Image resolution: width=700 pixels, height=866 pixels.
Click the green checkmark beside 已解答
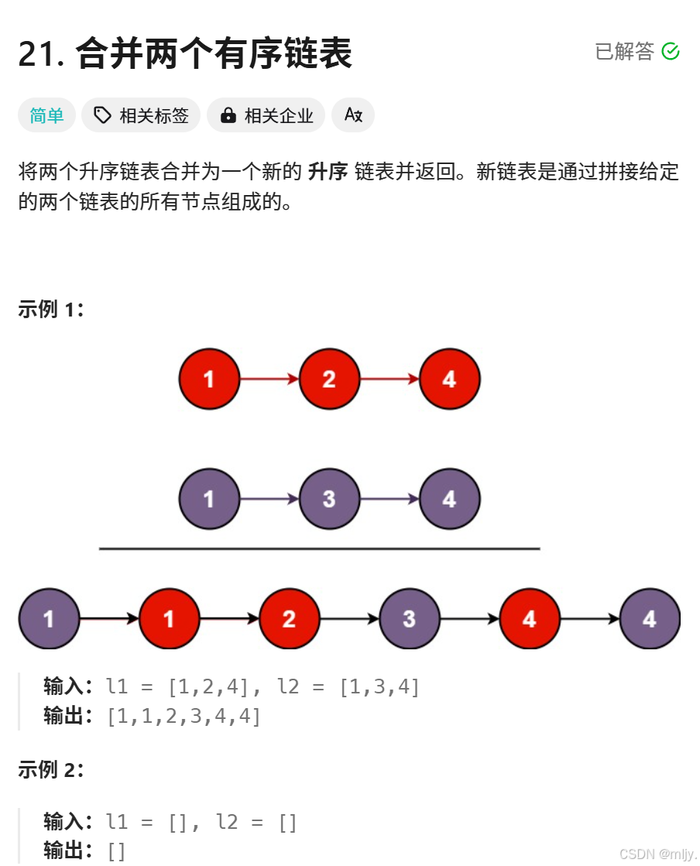pyautogui.click(x=671, y=52)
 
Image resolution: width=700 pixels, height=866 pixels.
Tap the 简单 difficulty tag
pyautogui.click(x=46, y=115)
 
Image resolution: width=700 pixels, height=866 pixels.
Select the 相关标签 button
pyautogui.click(x=141, y=115)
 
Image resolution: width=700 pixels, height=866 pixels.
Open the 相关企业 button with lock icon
pyautogui.click(x=266, y=115)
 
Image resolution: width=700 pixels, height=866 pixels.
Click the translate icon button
pyautogui.click(x=353, y=115)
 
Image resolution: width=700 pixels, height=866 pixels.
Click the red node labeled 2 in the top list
pyautogui.click(x=329, y=379)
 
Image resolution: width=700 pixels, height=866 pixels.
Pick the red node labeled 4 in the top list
pyautogui.click(x=449, y=379)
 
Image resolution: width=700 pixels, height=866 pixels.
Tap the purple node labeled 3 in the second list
pyautogui.click(x=329, y=499)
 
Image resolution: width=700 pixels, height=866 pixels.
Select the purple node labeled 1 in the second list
pyautogui.click(x=209, y=499)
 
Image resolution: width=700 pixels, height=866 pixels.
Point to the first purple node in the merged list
pyautogui.click(x=49, y=619)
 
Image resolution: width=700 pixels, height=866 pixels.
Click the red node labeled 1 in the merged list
pyautogui.click(x=169, y=619)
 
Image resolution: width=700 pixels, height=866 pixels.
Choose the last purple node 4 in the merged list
pyautogui.click(x=650, y=619)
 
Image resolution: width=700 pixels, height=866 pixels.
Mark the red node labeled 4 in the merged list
pyautogui.click(x=530, y=619)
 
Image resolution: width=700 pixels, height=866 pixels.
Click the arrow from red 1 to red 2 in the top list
pyautogui.click(x=269, y=379)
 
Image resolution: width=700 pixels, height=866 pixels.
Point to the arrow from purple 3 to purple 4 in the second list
pyautogui.click(x=389, y=499)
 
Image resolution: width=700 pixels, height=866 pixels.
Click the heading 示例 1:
pyautogui.click(x=50, y=310)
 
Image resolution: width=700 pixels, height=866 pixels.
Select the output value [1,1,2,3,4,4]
pyautogui.click(x=184, y=716)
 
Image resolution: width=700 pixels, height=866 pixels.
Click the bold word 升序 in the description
pyautogui.click(x=328, y=172)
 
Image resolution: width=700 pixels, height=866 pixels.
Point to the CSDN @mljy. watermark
pyautogui.click(x=657, y=853)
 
